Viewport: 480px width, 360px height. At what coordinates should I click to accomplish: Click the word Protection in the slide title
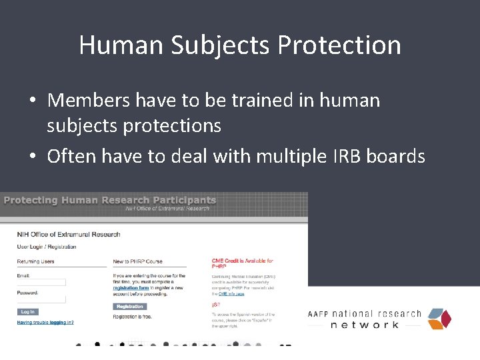pos(339,46)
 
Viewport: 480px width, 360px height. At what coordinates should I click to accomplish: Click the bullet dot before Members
pos(32,101)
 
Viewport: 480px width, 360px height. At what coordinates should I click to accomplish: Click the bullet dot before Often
pos(32,157)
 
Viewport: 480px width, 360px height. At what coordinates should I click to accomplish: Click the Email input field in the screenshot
pos(41,282)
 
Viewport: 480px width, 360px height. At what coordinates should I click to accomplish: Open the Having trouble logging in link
pos(45,322)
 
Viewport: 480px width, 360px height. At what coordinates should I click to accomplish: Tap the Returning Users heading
pos(36,261)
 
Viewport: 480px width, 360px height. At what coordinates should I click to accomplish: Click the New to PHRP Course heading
pos(138,261)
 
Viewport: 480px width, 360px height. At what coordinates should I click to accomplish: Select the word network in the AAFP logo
pos(365,325)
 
